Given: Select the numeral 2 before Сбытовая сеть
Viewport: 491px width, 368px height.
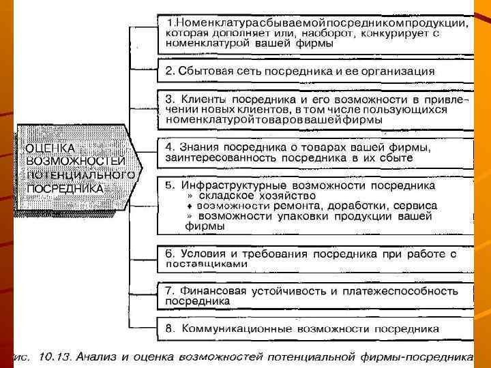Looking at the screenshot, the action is click(170, 70).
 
